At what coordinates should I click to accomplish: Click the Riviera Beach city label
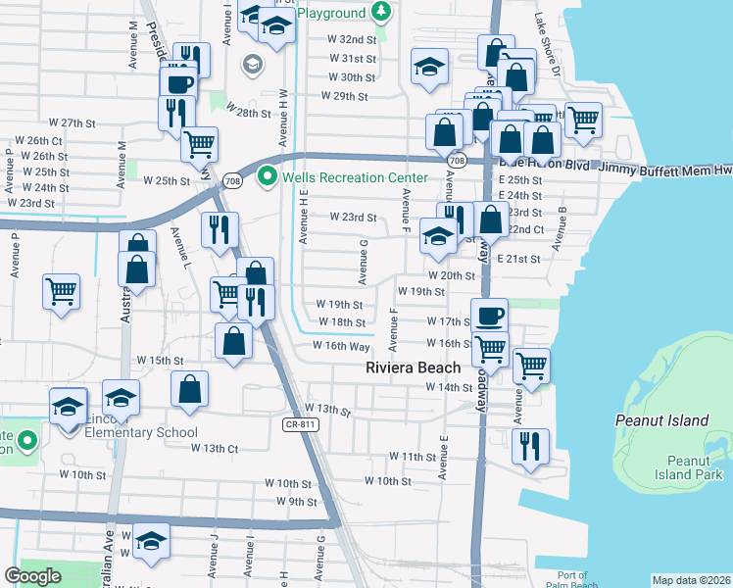412,367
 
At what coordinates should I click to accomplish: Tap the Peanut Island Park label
674,466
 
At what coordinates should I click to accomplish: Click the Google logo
32,576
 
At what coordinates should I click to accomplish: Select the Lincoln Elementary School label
127,432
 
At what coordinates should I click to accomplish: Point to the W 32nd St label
353,40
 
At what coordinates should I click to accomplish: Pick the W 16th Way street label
341,346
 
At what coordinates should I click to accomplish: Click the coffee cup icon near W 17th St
489,316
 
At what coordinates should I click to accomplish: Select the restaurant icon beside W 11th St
529,446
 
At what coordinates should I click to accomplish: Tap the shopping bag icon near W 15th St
189,388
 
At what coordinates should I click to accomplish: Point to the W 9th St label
297,501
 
